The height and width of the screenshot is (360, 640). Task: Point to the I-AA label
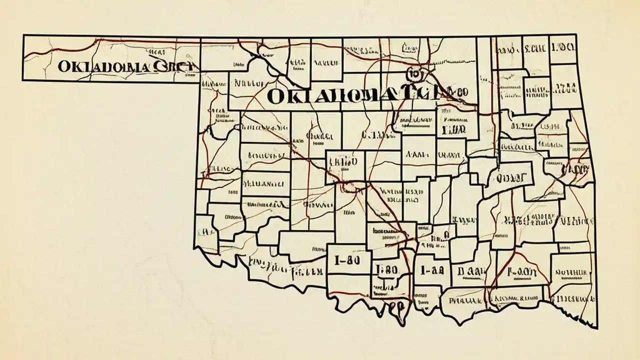pos(432,270)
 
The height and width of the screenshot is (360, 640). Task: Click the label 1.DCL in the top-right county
pos(563,48)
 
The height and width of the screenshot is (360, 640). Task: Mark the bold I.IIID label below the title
pos(453,129)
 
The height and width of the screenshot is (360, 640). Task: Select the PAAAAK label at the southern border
pos(465,301)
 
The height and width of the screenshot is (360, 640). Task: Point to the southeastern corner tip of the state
pos(595,327)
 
